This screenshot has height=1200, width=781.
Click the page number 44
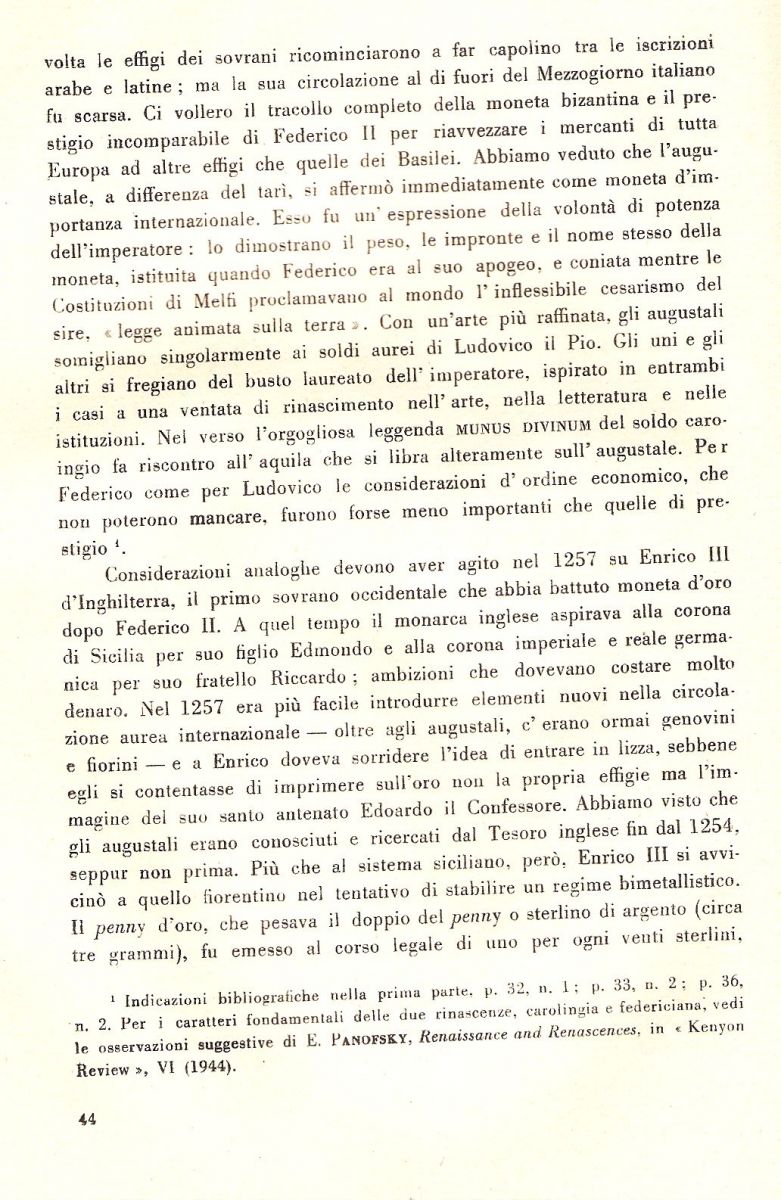click(x=85, y=1120)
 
